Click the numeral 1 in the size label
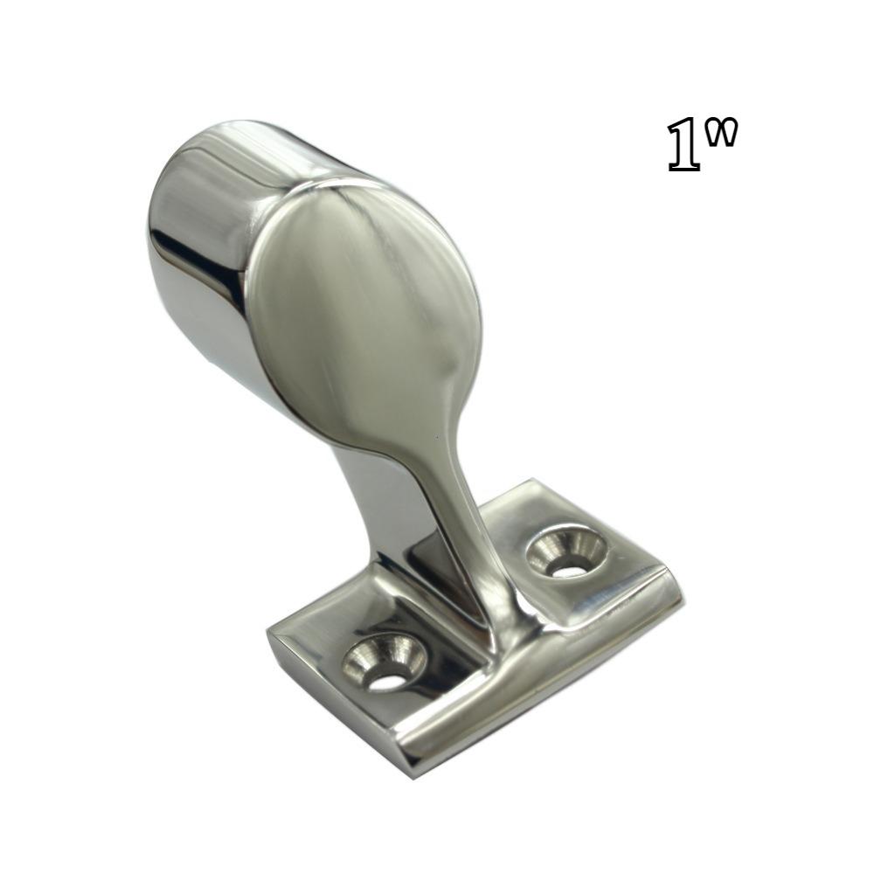click(684, 147)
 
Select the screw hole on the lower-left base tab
click(384, 664)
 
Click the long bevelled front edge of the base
click(542, 690)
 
